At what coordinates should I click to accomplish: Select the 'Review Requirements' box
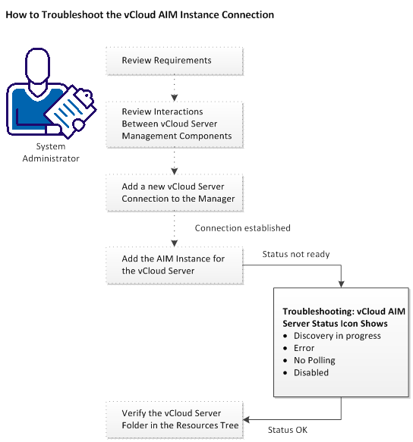coord(174,61)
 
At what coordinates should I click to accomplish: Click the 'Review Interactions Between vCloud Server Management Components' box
coord(174,124)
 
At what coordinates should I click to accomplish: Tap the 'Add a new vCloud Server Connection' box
coord(174,193)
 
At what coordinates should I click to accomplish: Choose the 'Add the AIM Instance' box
coord(174,264)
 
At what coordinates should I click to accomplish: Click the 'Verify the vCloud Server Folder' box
coord(174,418)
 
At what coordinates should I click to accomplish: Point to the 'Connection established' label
coord(242,227)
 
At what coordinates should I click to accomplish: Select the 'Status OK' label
coord(287,430)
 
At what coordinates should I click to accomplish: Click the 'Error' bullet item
coord(304,348)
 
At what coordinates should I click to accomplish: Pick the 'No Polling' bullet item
coord(314,360)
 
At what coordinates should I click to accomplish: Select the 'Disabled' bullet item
coord(311,372)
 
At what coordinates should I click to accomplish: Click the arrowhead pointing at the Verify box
coord(248,418)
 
